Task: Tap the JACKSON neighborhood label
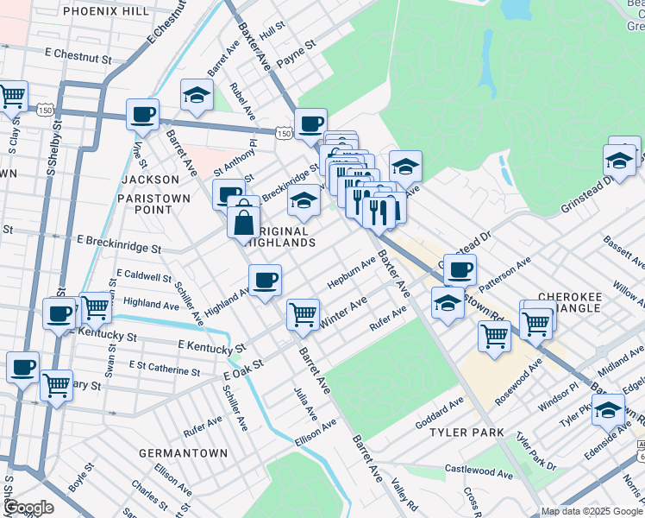(x=151, y=180)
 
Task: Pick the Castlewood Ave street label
(x=479, y=471)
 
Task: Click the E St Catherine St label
(x=164, y=368)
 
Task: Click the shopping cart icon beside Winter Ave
(x=303, y=314)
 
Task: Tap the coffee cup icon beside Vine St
(x=142, y=114)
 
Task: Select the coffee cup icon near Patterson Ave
(x=460, y=269)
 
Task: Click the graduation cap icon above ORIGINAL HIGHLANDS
(x=303, y=201)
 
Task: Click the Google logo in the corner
(x=28, y=508)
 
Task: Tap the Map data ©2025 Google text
(x=592, y=511)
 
